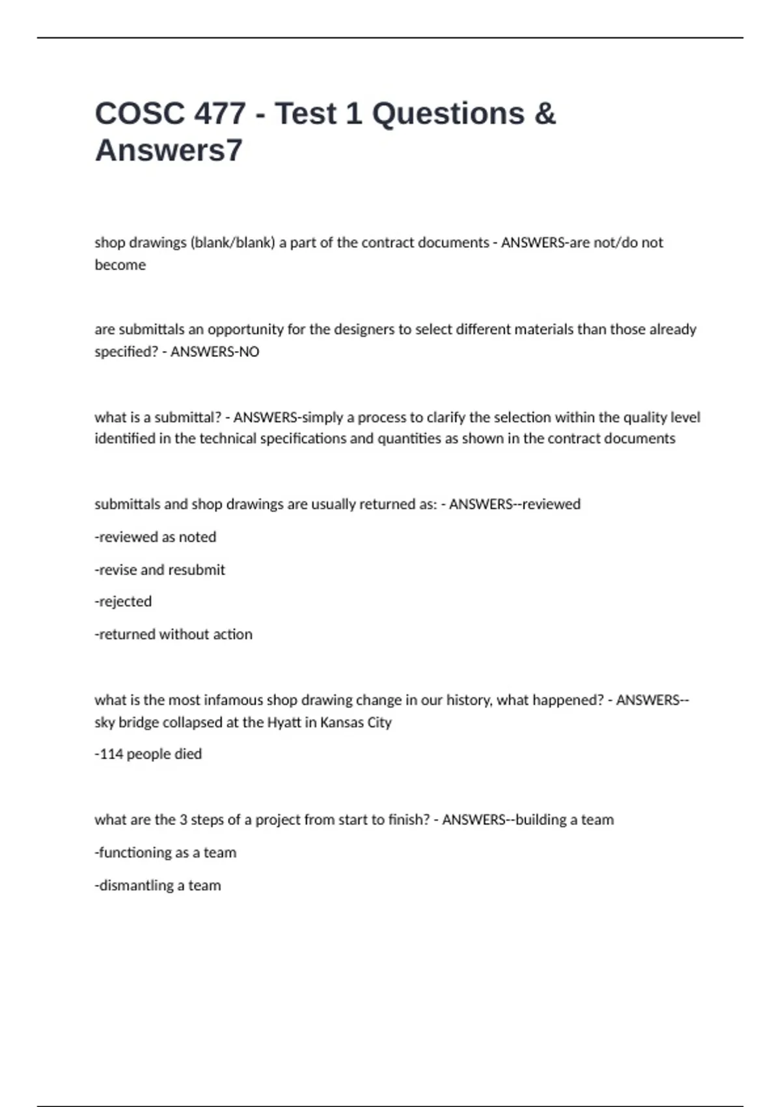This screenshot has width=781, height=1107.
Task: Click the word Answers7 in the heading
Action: click(x=169, y=150)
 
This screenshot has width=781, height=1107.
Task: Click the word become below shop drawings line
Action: click(x=120, y=265)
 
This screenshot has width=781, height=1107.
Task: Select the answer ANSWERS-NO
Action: click(x=215, y=352)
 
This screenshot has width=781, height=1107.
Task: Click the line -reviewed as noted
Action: click(x=156, y=537)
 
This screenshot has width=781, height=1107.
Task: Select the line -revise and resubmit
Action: click(x=160, y=570)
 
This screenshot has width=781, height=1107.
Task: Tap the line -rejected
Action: click(x=123, y=602)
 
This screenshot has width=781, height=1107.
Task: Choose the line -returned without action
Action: click(x=174, y=634)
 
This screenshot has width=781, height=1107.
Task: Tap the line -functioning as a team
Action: click(x=166, y=853)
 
